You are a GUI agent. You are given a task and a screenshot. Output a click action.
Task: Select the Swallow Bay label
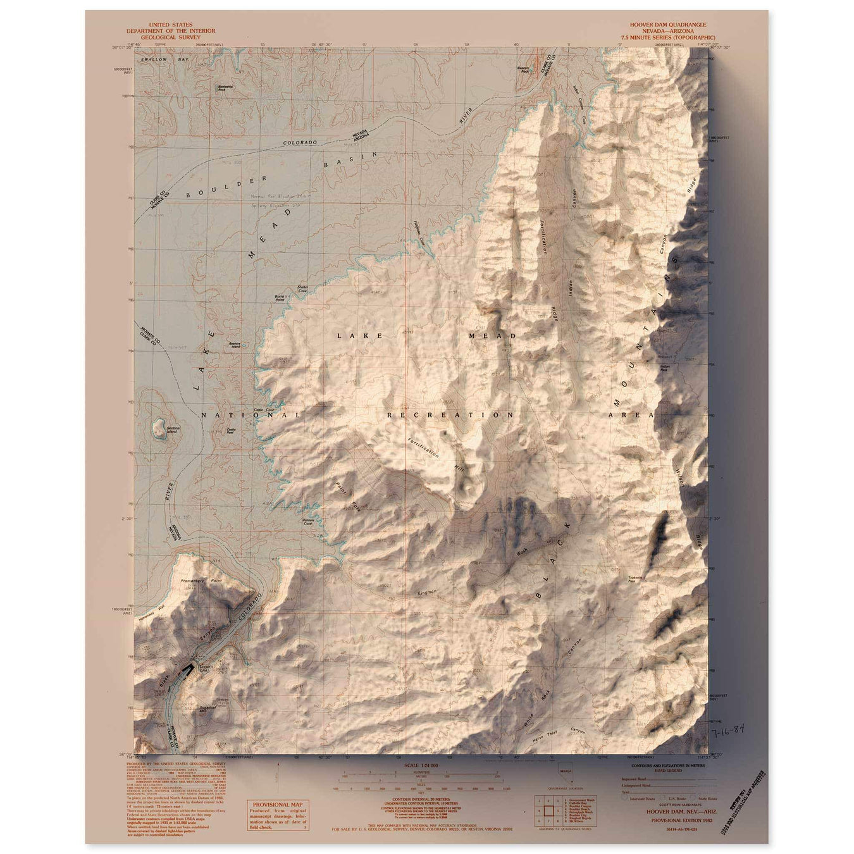(156, 59)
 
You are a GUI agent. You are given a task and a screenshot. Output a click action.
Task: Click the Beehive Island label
(235, 345)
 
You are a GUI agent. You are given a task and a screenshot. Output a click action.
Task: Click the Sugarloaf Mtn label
(208, 709)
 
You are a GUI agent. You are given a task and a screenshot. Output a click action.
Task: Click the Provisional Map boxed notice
(278, 815)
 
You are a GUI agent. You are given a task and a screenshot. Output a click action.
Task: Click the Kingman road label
(428, 593)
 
